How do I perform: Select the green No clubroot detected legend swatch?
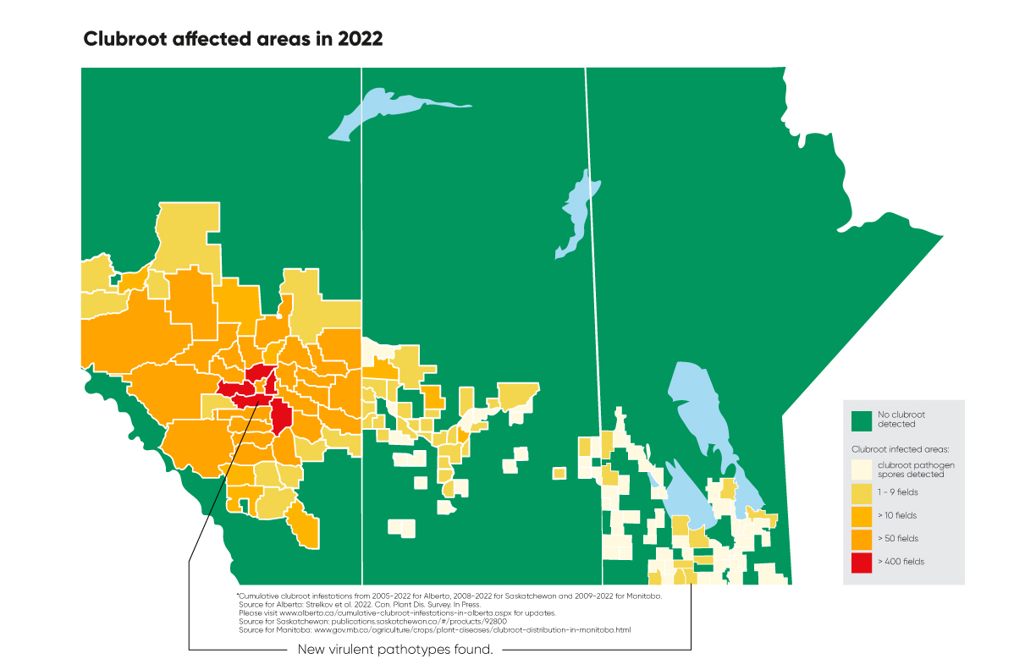pos(861,420)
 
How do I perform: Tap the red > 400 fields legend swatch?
pos(861,562)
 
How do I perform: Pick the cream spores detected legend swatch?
pos(861,470)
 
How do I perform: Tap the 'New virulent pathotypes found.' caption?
pos(395,650)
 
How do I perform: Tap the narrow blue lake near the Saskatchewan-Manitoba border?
pos(576,211)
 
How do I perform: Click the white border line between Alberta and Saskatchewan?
pos(362,254)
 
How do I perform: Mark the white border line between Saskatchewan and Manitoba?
pos(592,254)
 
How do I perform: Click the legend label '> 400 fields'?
pos(900,562)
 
